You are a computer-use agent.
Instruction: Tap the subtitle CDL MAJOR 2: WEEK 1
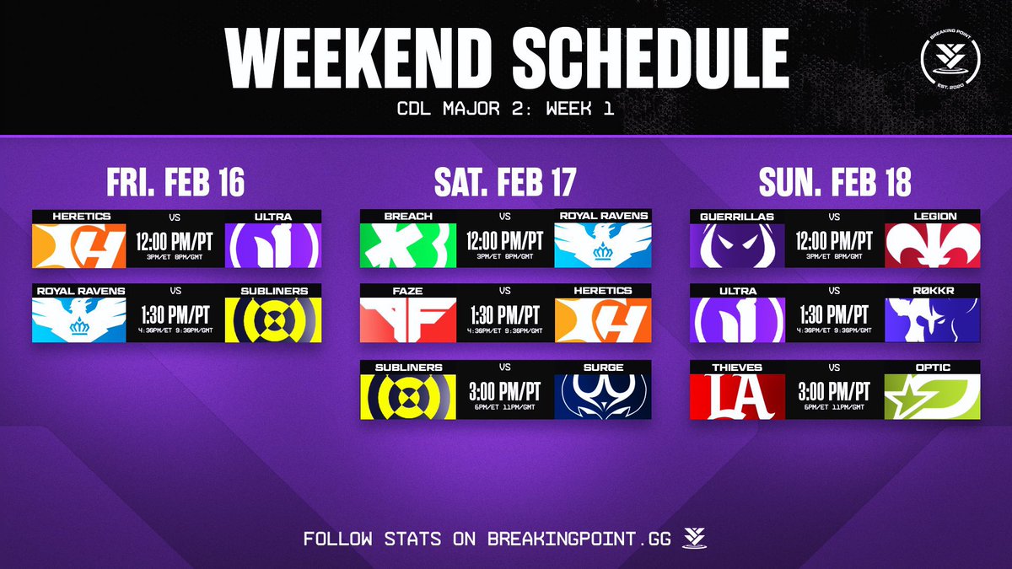click(505, 109)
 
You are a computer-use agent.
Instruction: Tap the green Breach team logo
click(408, 244)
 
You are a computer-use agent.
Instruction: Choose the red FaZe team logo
click(408, 319)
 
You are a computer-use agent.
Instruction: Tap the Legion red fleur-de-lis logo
click(932, 244)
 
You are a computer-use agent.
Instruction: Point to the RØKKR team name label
click(932, 291)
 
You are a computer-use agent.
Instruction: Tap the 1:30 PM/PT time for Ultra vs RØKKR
click(835, 315)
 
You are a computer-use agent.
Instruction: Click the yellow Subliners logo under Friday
click(273, 319)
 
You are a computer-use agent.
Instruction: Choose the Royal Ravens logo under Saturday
click(603, 244)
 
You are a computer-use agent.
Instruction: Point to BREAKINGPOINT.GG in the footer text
click(579, 538)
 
